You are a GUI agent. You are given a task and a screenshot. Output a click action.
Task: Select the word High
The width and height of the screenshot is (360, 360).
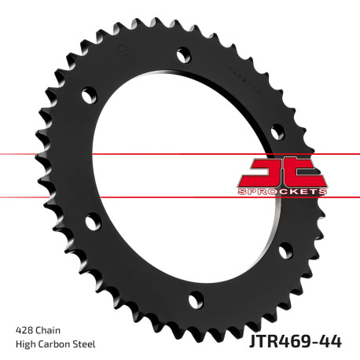pyautogui.click(x=26, y=344)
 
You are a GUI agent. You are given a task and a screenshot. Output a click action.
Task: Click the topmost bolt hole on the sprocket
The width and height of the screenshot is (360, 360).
pyautogui.click(x=184, y=54)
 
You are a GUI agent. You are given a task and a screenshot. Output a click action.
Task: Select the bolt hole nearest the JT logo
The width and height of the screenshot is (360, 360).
pyautogui.click(x=277, y=130)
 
